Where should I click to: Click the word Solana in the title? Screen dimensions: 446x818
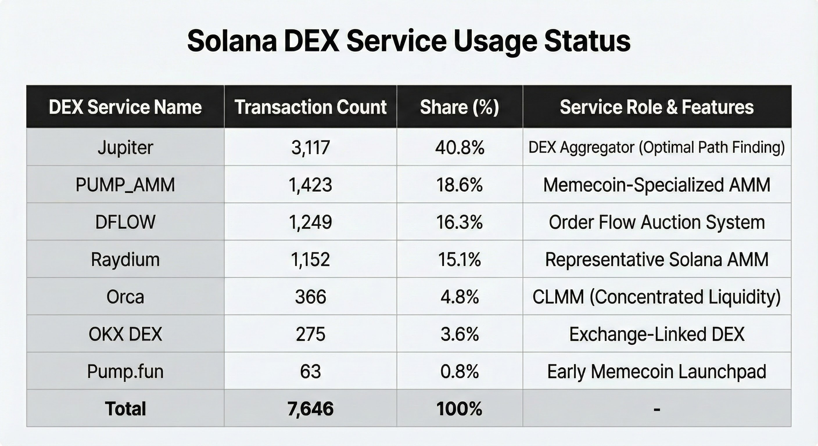(232, 41)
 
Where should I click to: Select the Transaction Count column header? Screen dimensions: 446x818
(310, 107)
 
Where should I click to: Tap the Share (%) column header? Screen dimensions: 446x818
(460, 107)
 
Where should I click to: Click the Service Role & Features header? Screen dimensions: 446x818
(657, 107)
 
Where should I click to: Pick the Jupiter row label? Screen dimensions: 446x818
(125, 148)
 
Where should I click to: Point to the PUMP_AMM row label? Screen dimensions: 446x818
(125, 185)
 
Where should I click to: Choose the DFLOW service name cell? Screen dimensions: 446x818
(125, 222)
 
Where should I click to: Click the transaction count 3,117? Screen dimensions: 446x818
(310, 148)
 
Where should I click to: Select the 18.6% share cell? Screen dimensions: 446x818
(460, 185)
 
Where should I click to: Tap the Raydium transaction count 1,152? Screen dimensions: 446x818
(310, 259)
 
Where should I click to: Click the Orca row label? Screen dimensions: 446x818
(125, 297)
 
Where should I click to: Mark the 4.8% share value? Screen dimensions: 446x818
(460, 297)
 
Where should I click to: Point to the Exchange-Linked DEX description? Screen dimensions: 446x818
(657, 334)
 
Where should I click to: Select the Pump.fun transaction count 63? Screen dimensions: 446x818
(310, 371)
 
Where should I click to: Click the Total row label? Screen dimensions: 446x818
(125, 409)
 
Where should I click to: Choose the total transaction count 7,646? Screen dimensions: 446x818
(310, 409)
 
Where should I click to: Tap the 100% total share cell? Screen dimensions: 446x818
(460, 409)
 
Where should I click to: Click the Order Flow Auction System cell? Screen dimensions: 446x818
(657, 222)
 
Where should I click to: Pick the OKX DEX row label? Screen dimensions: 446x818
(125, 334)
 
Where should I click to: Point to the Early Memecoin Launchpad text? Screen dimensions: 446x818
(657, 371)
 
